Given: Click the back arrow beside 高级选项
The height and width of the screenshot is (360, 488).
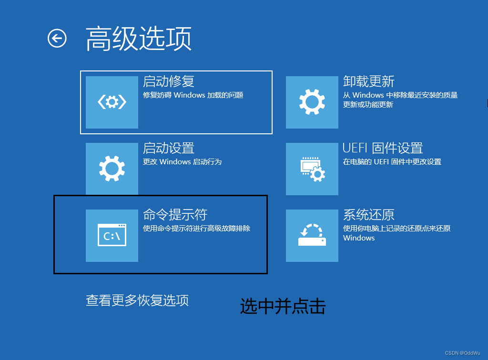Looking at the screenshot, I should [x=57, y=38].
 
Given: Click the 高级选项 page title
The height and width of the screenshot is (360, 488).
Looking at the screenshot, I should [x=139, y=38].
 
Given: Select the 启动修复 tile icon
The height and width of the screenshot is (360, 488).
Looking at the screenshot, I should [x=112, y=102].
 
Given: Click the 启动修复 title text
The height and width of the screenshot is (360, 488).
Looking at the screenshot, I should [x=169, y=81].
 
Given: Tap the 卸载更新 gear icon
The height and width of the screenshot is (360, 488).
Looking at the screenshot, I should [x=312, y=102].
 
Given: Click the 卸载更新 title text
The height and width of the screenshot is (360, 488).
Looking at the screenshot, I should [x=369, y=81].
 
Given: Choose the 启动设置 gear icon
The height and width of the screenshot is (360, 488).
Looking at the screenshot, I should [x=112, y=169].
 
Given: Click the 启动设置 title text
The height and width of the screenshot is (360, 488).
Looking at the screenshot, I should [x=169, y=148].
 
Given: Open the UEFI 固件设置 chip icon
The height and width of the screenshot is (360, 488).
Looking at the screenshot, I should [x=312, y=169].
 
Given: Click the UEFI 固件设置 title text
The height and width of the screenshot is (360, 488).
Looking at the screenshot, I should [x=383, y=148].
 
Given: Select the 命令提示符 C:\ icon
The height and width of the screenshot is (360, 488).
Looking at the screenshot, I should [x=112, y=235].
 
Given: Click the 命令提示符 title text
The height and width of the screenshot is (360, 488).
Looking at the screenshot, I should [x=175, y=215].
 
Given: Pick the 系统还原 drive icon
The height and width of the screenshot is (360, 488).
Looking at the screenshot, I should [x=312, y=235].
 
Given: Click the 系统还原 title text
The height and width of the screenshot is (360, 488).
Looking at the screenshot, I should [x=369, y=215].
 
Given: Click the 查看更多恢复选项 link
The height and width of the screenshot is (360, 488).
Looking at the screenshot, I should [x=137, y=300].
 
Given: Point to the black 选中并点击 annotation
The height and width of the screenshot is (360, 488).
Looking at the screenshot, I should [x=283, y=306].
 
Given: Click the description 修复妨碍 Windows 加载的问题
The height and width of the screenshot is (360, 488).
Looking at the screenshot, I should [x=193, y=95].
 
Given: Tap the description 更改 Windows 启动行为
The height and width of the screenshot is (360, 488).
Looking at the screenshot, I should [x=182, y=162].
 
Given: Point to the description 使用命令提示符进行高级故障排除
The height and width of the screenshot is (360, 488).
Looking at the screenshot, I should [x=196, y=229].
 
